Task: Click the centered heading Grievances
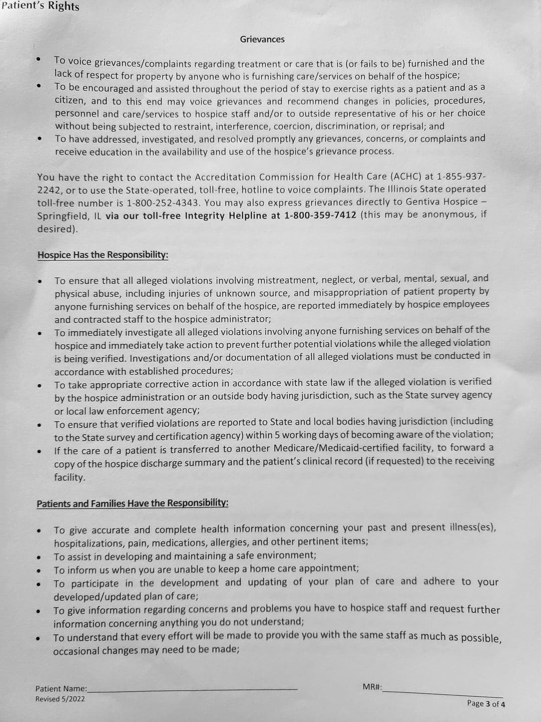[x=262, y=39]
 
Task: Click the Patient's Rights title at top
[x=40, y=7]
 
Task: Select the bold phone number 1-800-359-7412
[x=320, y=215]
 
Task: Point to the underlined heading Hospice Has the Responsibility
[x=103, y=255]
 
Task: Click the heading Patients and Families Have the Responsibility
[x=132, y=503]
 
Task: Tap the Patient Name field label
[x=61, y=689]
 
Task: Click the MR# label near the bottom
[x=372, y=686]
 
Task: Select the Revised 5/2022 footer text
[x=60, y=699]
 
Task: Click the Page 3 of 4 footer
[x=485, y=703]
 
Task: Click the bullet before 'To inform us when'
[x=38, y=570]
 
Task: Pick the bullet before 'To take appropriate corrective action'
[x=39, y=386]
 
